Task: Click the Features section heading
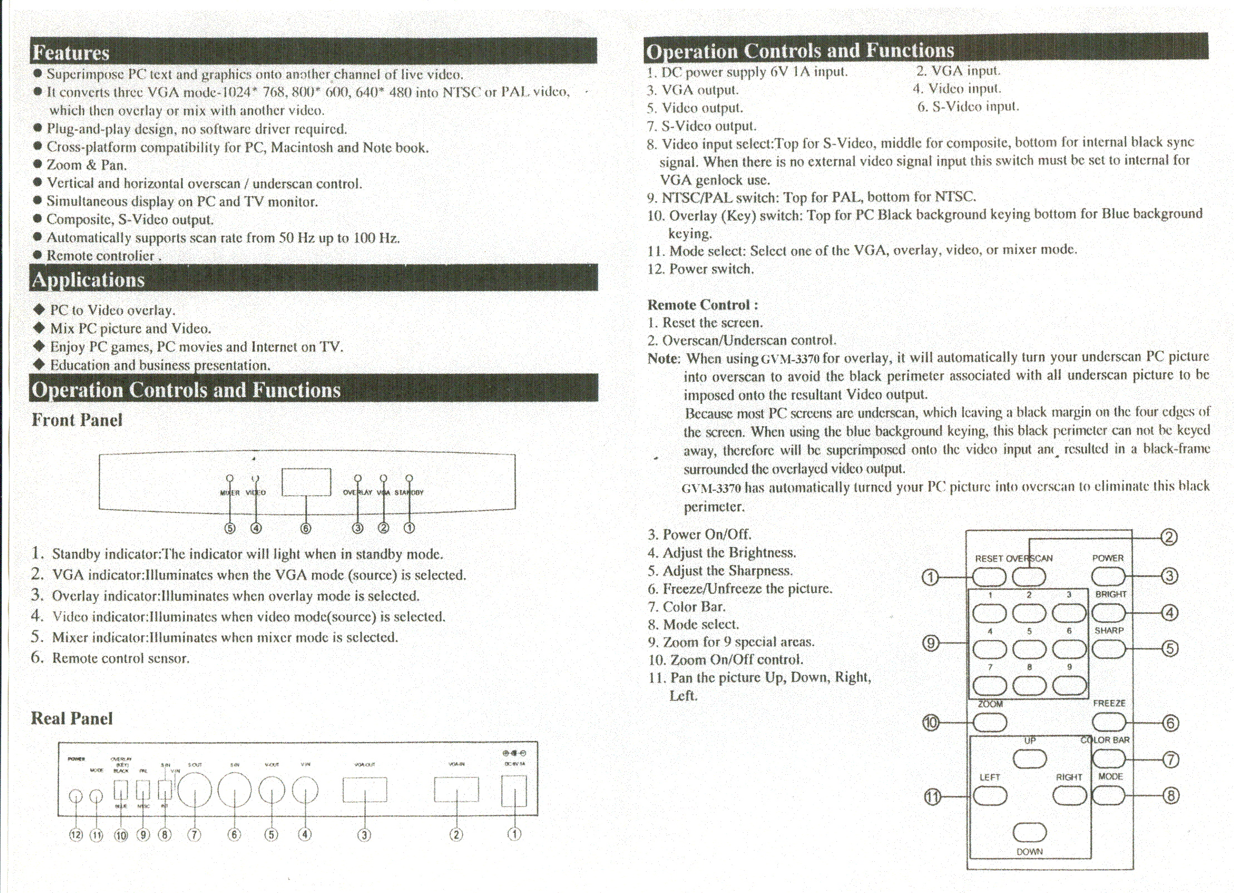[71, 52]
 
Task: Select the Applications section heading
[88, 279]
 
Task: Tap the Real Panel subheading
[72, 718]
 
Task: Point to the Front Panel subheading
[77, 419]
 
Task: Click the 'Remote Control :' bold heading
[702, 305]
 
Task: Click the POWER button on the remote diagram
[1108, 577]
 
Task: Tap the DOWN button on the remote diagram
[1029, 832]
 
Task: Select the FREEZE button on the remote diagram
[1108, 722]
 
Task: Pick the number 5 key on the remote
[1029, 648]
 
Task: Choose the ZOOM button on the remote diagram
[990, 722]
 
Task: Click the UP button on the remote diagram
[1029, 758]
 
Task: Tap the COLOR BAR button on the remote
[1108, 758]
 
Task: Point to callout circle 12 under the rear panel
[76, 835]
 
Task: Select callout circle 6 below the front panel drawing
[306, 528]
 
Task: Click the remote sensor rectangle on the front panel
[306, 482]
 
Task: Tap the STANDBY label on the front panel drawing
[409, 492]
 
